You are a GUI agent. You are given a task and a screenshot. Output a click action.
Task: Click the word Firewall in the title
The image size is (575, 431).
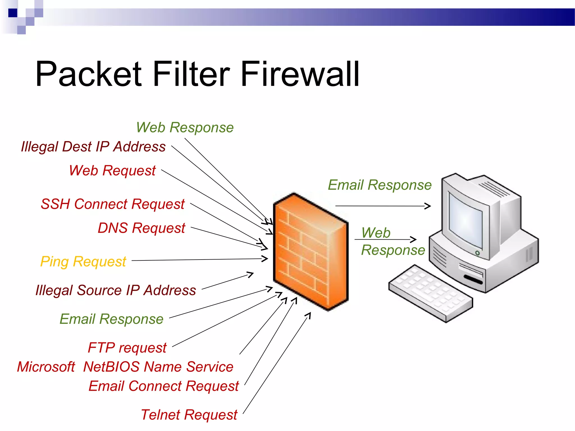pyautogui.click(x=300, y=74)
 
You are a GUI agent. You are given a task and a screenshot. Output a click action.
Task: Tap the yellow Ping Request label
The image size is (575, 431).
pyautogui.click(x=83, y=262)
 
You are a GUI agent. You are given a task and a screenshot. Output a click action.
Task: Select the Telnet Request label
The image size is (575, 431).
pyautogui.click(x=189, y=415)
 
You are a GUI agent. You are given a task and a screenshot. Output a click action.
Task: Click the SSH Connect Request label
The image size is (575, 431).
pyautogui.click(x=113, y=204)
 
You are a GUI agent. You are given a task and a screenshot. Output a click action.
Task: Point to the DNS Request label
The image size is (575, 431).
pyautogui.click(x=141, y=228)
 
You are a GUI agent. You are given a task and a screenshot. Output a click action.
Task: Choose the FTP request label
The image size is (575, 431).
pyautogui.click(x=127, y=348)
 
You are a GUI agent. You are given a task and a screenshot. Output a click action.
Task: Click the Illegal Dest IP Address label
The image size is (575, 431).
pyautogui.click(x=93, y=147)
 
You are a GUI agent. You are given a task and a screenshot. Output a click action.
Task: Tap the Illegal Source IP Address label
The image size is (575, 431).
pyautogui.click(x=116, y=290)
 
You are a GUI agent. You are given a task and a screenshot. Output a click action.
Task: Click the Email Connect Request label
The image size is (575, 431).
pyautogui.click(x=163, y=386)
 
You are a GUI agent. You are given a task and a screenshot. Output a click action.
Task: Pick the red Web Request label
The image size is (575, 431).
pyautogui.click(x=112, y=171)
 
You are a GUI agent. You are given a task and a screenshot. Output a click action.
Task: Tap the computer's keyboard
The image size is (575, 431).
pyautogui.click(x=430, y=293)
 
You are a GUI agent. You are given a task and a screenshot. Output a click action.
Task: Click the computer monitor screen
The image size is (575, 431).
pyautogui.click(x=466, y=219)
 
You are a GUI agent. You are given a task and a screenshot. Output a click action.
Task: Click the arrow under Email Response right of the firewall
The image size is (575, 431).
pyautogui.click(x=383, y=206)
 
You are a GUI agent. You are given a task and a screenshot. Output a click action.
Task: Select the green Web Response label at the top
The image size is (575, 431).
pyautogui.click(x=185, y=128)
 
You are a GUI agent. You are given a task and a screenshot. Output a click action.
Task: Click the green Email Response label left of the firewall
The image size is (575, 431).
pyautogui.click(x=111, y=319)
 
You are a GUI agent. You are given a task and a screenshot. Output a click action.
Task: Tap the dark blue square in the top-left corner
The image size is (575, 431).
pyautogui.click(x=13, y=13)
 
